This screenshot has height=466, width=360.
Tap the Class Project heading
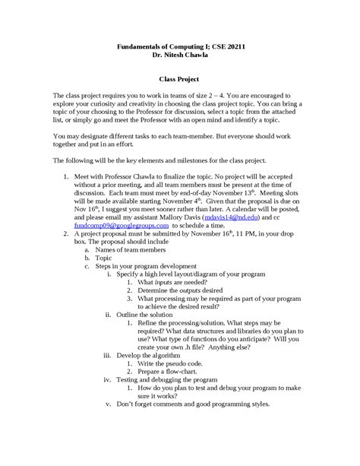point(179,78)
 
